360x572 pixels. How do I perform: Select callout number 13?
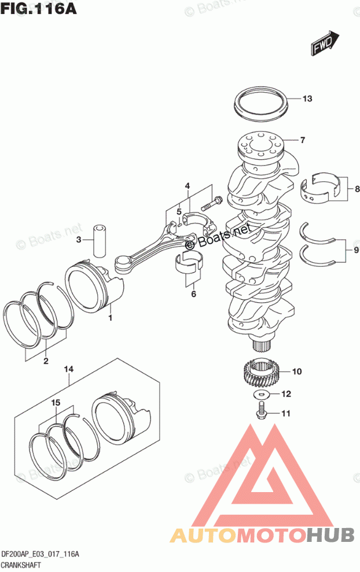pyautogui.click(x=307, y=98)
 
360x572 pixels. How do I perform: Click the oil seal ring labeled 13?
pyautogui.click(x=261, y=104)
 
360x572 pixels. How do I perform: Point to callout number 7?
pyautogui.click(x=302, y=140)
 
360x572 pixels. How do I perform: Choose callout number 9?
pyautogui.click(x=357, y=250)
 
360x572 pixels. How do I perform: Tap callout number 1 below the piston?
pyautogui.click(x=110, y=318)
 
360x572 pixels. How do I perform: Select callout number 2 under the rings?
pyautogui.click(x=45, y=362)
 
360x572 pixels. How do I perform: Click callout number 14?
pyautogui.click(x=69, y=369)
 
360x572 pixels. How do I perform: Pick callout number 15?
pyautogui.click(x=56, y=402)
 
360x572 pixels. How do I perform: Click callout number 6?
pyautogui.click(x=193, y=294)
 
